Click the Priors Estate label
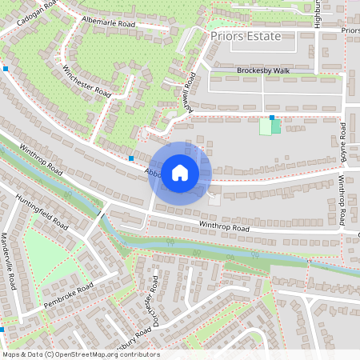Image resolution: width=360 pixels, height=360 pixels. click(x=246, y=37)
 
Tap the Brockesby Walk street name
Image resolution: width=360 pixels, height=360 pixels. click(x=264, y=70)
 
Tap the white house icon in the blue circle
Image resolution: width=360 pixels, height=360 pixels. click(x=179, y=172)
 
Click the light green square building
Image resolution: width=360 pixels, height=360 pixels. click(x=265, y=126)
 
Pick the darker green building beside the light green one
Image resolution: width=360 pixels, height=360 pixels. click(x=276, y=126)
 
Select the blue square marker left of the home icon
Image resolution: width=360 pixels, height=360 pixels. click(x=130, y=158)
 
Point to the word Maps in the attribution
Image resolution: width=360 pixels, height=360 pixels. click(x=11, y=354)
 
